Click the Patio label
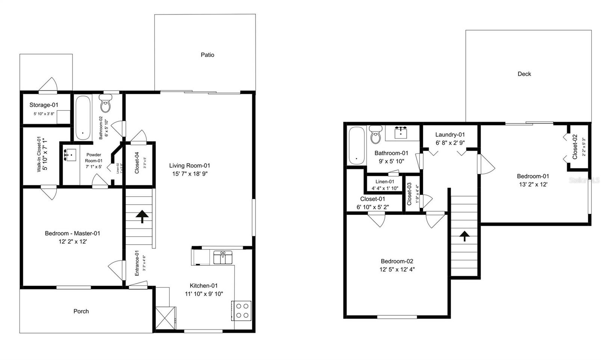click(207, 55)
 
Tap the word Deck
click(524, 74)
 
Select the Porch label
click(81, 311)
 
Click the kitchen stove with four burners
click(242, 310)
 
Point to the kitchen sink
click(223, 258)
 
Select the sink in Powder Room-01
click(70, 155)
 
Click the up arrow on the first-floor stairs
click(142, 216)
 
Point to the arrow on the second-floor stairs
click(465, 236)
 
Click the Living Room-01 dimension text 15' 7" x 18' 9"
click(190, 174)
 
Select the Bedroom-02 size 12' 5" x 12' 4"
click(397, 269)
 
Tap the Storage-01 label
click(44, 105)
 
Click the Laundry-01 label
click(450, 135)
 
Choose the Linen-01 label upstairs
click(385, 182)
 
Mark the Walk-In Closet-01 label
click(39, 155)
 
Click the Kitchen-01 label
click(204, 286)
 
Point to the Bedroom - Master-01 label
click(72, 233)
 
